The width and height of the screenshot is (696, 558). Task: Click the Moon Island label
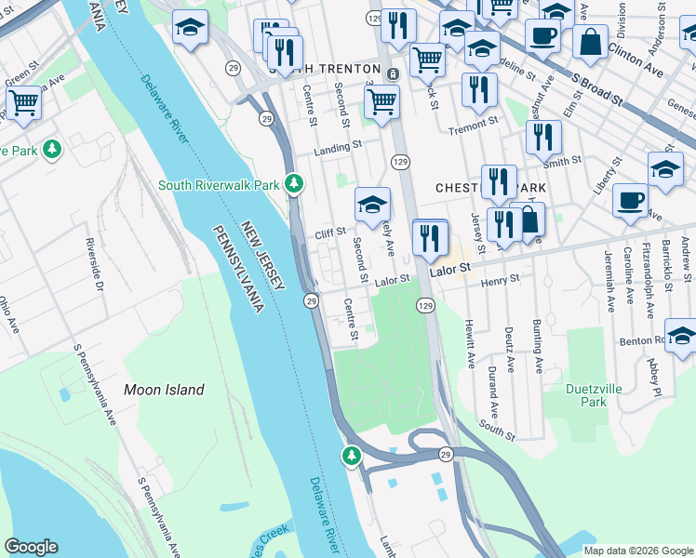pyautogui.click(x=165, y=390)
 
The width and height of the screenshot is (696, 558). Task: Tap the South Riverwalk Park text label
pyautogui.click(x=219, y=185)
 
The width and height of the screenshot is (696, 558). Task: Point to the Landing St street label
pyautogui.click(x=338, y=147)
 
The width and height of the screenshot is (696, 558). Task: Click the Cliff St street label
pyautogui.click(x=330, y=232)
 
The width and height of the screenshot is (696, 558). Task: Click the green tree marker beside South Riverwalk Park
pyautogui.click(x=295, y=183)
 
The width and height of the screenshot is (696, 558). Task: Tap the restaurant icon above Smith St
pyautogui.click(x=543, y=136)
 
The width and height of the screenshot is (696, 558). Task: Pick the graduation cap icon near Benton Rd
pyautogui.click(x=681, y=336)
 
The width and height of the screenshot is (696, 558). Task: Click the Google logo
pyautogui.click(x=31, y=546)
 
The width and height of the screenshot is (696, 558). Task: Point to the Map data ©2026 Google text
pyautogui.click(x=637, y=551)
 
